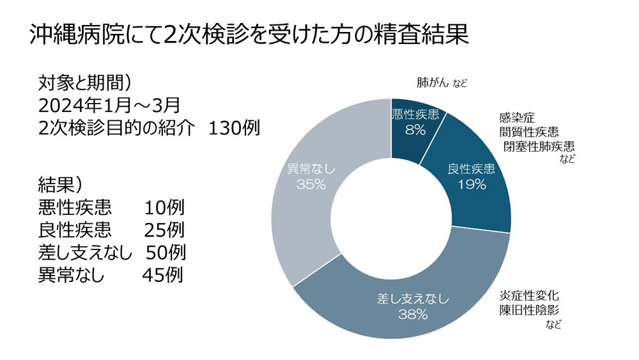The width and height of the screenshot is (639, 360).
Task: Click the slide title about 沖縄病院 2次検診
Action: coord(249,35)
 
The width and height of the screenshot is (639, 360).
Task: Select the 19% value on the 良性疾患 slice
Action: coord(472,185)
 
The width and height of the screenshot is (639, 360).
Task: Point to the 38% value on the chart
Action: coord(412,313)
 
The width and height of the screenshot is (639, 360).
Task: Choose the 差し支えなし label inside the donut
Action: coord(412,299)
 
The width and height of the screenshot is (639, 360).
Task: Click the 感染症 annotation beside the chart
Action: coord(516,118)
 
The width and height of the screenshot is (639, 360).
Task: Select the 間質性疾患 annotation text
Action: coord(529,132)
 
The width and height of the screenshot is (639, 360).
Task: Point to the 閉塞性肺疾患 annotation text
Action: coord(539,146)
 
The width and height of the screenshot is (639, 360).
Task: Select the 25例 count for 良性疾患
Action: coord(165,230)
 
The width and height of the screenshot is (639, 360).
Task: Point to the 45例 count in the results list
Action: coord(163,275)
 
